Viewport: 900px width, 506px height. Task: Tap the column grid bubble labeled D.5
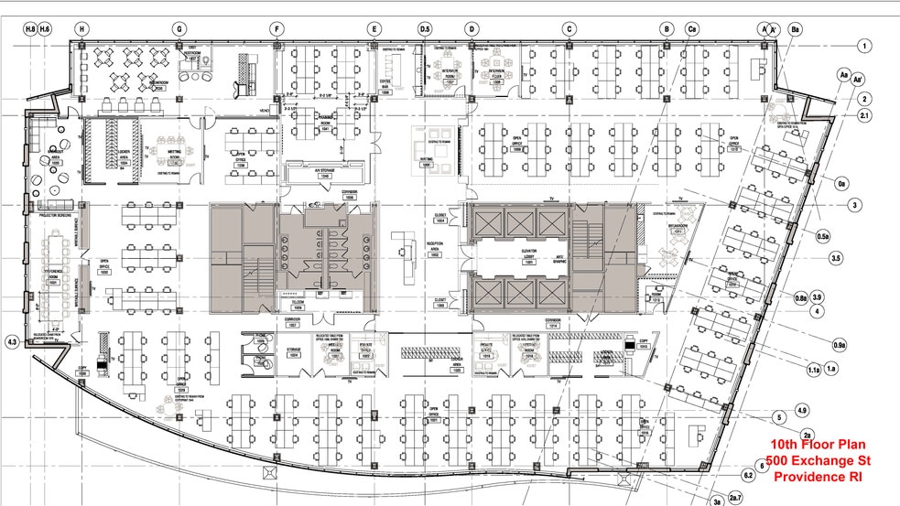click(424, 29)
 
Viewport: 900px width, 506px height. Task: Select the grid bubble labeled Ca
click(692, 29)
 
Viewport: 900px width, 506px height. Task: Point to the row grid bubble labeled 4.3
click(12, 342)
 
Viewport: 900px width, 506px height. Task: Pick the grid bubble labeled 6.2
click(748, 475)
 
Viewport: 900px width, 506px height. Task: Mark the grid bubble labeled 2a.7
click(734, 497)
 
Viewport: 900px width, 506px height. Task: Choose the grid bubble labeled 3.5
click(835, 259)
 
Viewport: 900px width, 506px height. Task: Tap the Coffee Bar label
click(385, 88)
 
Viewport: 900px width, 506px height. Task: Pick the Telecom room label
click(298, 307)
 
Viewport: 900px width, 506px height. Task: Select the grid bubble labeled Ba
click(795, 29)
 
